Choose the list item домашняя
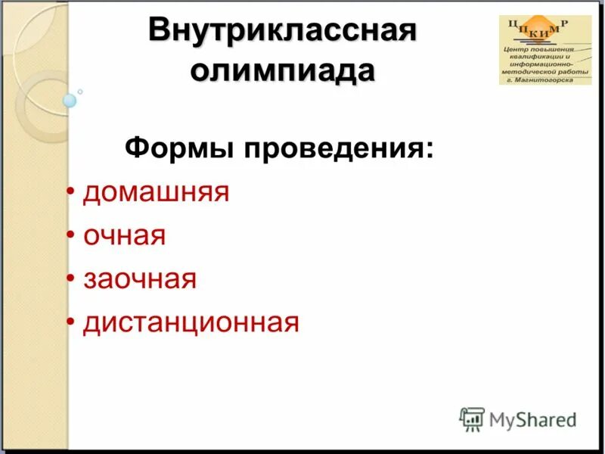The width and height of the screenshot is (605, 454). [156, 192]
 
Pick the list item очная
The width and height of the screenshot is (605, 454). [124, 235]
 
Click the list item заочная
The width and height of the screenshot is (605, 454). [140, 279]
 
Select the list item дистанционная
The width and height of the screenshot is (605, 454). [191, 322]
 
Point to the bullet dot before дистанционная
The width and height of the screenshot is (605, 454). [70, 324]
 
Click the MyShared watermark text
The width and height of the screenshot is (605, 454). [532, 419]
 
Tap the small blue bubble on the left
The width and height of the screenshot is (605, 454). [70, 100]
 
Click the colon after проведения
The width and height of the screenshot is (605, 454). [430, 148]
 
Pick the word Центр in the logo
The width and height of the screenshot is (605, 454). [516, 48]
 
